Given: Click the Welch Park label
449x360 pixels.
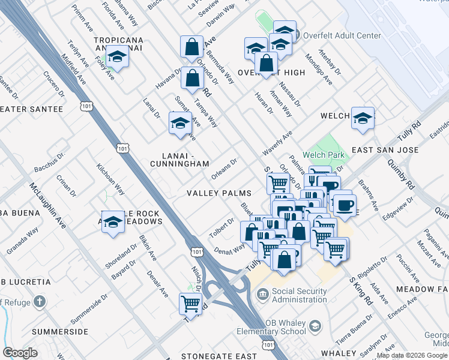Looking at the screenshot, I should tap(324, 155).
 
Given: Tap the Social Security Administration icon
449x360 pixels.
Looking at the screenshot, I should tap(263, 295).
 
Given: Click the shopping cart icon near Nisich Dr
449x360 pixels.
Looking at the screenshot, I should tap(190, 304).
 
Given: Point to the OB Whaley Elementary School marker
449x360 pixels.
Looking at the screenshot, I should tap(316, 325).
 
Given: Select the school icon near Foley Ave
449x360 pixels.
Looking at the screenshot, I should tap(118, 58).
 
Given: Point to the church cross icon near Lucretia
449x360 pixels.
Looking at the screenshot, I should tap(40, 301).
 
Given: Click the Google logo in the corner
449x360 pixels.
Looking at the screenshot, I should tap(20, 353).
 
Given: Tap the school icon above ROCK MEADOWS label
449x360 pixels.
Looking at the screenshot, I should tap(113, 222).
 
